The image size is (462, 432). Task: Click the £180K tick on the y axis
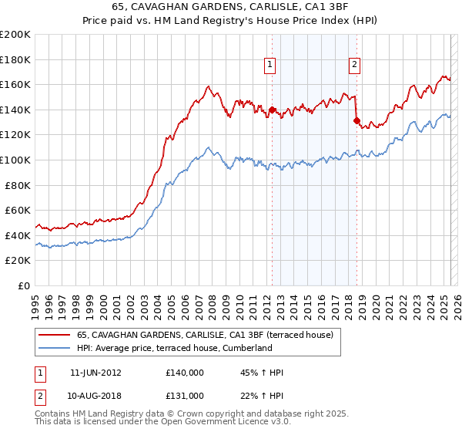[x=16, y=59]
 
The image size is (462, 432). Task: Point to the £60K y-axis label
[x=18, y=210]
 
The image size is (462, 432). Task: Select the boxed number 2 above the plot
[x=354, y=66]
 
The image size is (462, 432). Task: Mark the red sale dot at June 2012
[x=272, y=110]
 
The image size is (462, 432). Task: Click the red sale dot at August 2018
[x=357, y=120]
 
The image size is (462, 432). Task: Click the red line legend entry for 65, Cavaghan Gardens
[x=205, y=335]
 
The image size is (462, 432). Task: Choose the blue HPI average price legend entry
[x=175, y=348]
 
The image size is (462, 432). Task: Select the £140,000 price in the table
[x=185, y=373]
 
